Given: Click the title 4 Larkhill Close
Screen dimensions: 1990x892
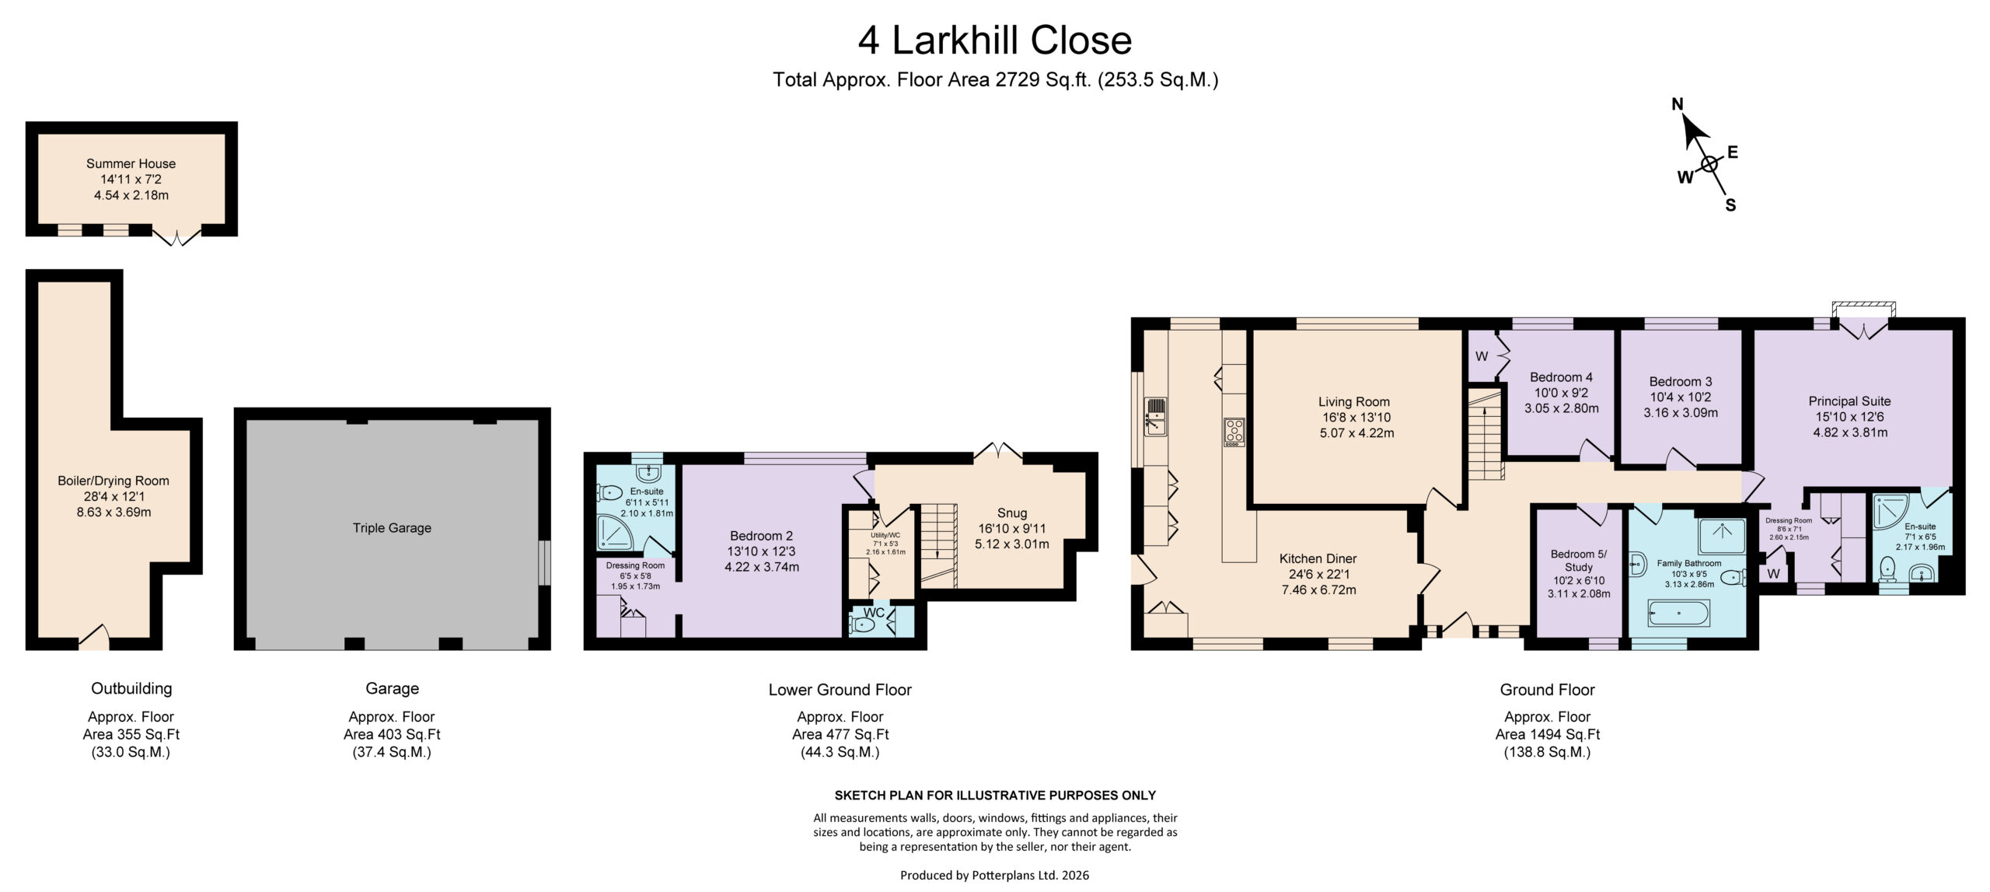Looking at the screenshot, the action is click(x=994, y=40).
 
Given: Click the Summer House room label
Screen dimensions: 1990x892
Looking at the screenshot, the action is click(x=131, y=163).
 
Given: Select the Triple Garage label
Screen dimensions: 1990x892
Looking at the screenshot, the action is click(x=392, y=528).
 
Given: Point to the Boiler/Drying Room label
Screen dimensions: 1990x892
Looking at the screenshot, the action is click(x=113, y=481).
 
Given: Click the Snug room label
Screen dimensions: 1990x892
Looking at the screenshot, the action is click(x=1012, y=513).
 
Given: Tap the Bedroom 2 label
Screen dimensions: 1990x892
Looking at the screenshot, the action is click(x=761, y=536).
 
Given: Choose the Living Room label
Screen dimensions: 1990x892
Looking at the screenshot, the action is click(x=1353, y=402).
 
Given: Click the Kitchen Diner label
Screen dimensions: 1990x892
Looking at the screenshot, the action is click(x=1318, y=558).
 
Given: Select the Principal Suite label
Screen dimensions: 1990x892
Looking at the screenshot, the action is click(x=1849, y=401).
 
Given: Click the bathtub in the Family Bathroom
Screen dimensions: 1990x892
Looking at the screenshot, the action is click(x=1678, y=614).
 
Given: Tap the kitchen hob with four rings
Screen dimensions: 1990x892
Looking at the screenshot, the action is click(x=1234, y=432).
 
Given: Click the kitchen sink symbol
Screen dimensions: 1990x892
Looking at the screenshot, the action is click(x=1155, y=416).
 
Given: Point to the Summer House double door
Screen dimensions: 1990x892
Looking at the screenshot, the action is click(x=178, y=237).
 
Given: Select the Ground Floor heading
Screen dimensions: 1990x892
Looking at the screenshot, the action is click(x=1547, y=690).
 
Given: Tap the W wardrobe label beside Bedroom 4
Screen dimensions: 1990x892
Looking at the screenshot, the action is click(x=1482, y=356).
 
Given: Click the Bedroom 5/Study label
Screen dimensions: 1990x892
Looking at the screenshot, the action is click(x=1579, y=560).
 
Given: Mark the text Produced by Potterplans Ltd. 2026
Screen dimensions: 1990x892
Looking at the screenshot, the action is click(x=994, y=875).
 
